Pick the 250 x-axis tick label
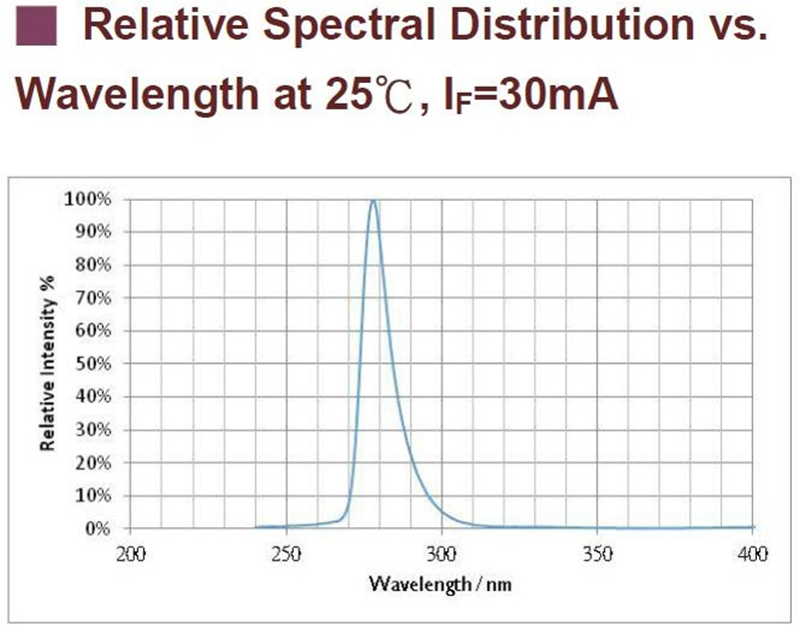coord(287,552)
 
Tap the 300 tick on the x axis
coord(441,552)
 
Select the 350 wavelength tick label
coord(597,552)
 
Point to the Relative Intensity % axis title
coord(47,365)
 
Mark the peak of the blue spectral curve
coord(374,201)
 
